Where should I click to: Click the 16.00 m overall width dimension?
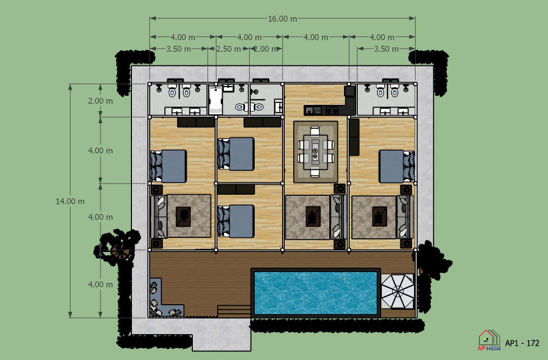pyautogui.click(x=283, y=18)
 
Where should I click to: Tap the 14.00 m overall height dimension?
pyautogui.click(x=70, y=201)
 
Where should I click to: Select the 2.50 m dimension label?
pyautogui.click(x=228, y=49)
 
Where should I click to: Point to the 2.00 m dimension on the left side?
pyautogui.click(x=100, y=101)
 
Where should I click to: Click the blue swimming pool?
pyautogui.click(x=316, y=293)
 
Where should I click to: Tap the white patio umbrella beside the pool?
pyautogui.click(x=397, y=291)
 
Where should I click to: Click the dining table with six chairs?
pyautogui.click(x=315, y=152)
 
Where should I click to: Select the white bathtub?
pyautogui.click(x=215, y=100)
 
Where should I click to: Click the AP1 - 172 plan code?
pyautogui.click(x=522, y=343)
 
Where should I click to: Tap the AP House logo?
pyautogui.click(x=489, y=340)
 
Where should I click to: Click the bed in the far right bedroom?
pyautogui.click(x=397, y=166)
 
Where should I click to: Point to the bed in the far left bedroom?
pyautogui.click(x=168, y=166)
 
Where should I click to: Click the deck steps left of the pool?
pyautogui.click(x=234, y=311)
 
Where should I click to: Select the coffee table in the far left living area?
pyautogui.click(x=183, y=217)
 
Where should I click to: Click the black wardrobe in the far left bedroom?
pyautogui.click(x=196, y=122)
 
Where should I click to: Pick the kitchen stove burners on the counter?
pyautogui.click(x=332, y=111)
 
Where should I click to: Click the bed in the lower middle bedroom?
pyautogui.click(x=235, y=222)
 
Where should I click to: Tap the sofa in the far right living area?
pyautogui.click(x=405, y=217)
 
